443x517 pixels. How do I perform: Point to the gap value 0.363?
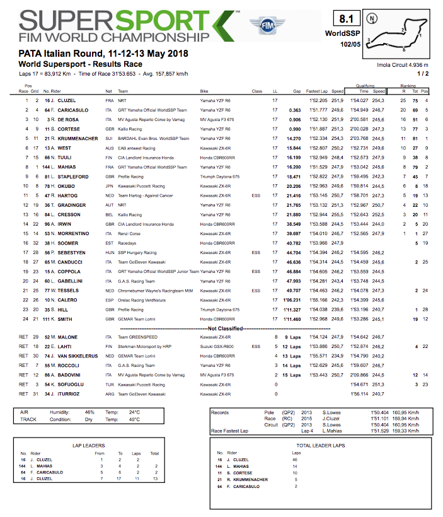[x=294, y=110]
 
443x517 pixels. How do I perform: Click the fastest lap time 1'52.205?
[x=318, y=100]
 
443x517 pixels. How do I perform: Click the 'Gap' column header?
[x=296, y=91]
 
